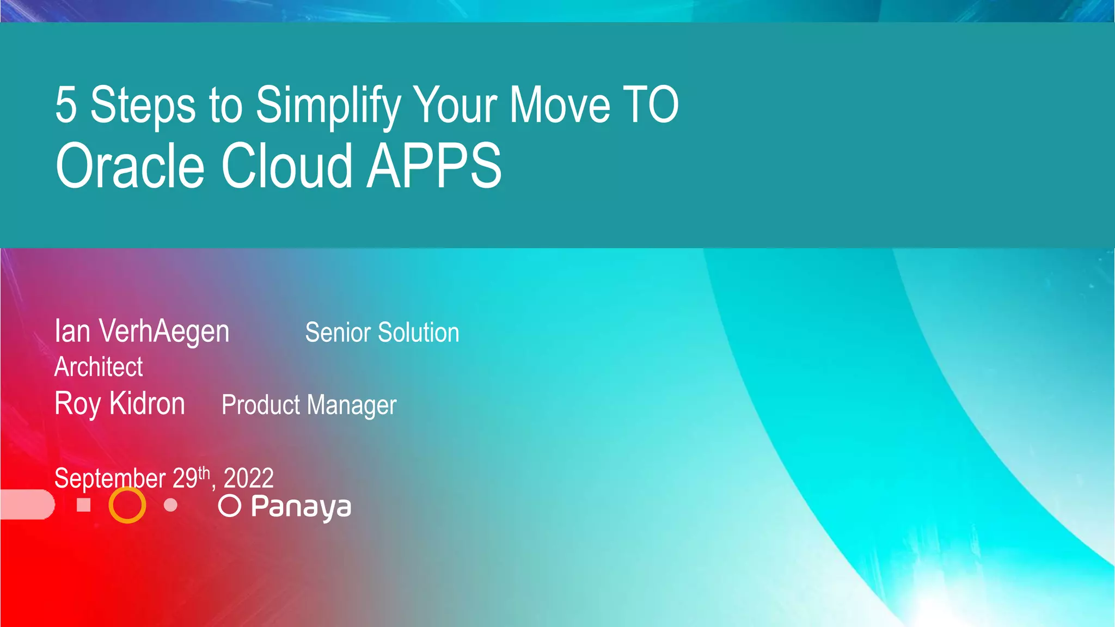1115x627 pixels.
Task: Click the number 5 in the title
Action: point(66,104)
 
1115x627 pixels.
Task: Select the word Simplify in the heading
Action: point(328,106)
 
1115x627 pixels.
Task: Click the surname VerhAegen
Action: point(164,331)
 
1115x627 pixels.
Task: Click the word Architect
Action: point(99,367)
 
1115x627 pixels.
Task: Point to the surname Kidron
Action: point(147,404)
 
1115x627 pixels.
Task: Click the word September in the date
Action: point(110,478)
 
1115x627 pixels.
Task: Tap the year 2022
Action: point(249,478)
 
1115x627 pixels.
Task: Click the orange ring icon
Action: point(127,505)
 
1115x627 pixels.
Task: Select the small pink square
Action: point(84,505)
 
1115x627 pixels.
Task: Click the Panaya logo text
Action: point(301,507)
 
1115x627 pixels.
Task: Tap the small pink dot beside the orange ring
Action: point(170,505)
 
